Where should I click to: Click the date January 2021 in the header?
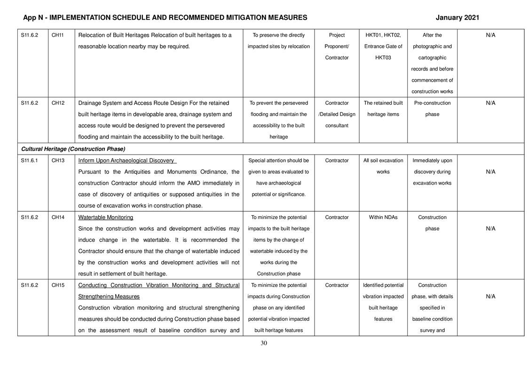click(457, 18)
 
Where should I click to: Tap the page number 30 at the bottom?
click(264, 343)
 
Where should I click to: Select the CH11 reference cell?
click(58, 35)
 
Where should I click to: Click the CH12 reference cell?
click(58, 103)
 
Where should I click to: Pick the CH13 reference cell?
click(58, 160)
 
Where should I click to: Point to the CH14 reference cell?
click(58, 218)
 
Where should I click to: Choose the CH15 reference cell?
click(58, 285)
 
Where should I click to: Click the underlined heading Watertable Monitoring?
click(105, 218)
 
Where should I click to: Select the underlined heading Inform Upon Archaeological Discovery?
click(127, 160)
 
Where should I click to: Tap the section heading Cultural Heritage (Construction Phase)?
click(73, 149)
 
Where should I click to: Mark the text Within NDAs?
click(383, 218)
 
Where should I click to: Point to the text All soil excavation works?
click(383, 166)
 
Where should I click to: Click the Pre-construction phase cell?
click(432, 109)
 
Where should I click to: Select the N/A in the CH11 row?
click(490, 35)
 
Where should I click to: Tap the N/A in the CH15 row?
click(490, 296)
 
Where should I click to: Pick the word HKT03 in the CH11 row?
click(383, 57)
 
